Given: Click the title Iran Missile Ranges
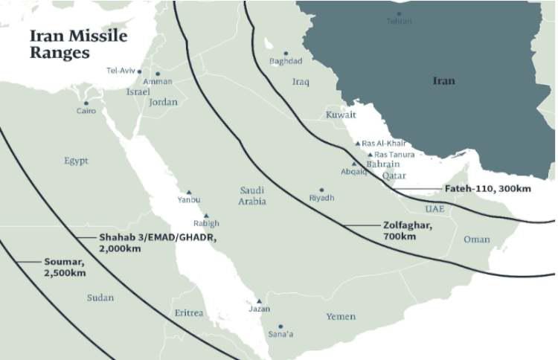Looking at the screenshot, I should (78, 44).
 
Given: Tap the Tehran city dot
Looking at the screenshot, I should (399, 13).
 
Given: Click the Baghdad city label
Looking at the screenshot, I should (286, 61).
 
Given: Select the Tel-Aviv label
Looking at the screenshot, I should (121, 71).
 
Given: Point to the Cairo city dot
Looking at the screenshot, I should (86, 103).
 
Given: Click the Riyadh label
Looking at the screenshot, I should (321, 198).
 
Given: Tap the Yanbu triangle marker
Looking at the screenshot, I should (189, 192).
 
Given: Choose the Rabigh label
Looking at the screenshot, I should (206, 223).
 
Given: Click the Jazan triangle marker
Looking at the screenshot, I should (259, 300).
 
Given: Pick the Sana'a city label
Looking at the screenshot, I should (280, 335).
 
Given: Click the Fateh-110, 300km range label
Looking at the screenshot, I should (487, 189).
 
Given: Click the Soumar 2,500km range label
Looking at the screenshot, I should (64, 268).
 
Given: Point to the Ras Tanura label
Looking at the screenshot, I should (395, 155).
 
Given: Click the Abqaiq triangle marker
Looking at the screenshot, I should (354, 164).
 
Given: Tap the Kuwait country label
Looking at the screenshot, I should (341, 115).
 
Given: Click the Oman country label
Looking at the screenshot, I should (477, 240).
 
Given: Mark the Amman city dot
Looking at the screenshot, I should (158, 74).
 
